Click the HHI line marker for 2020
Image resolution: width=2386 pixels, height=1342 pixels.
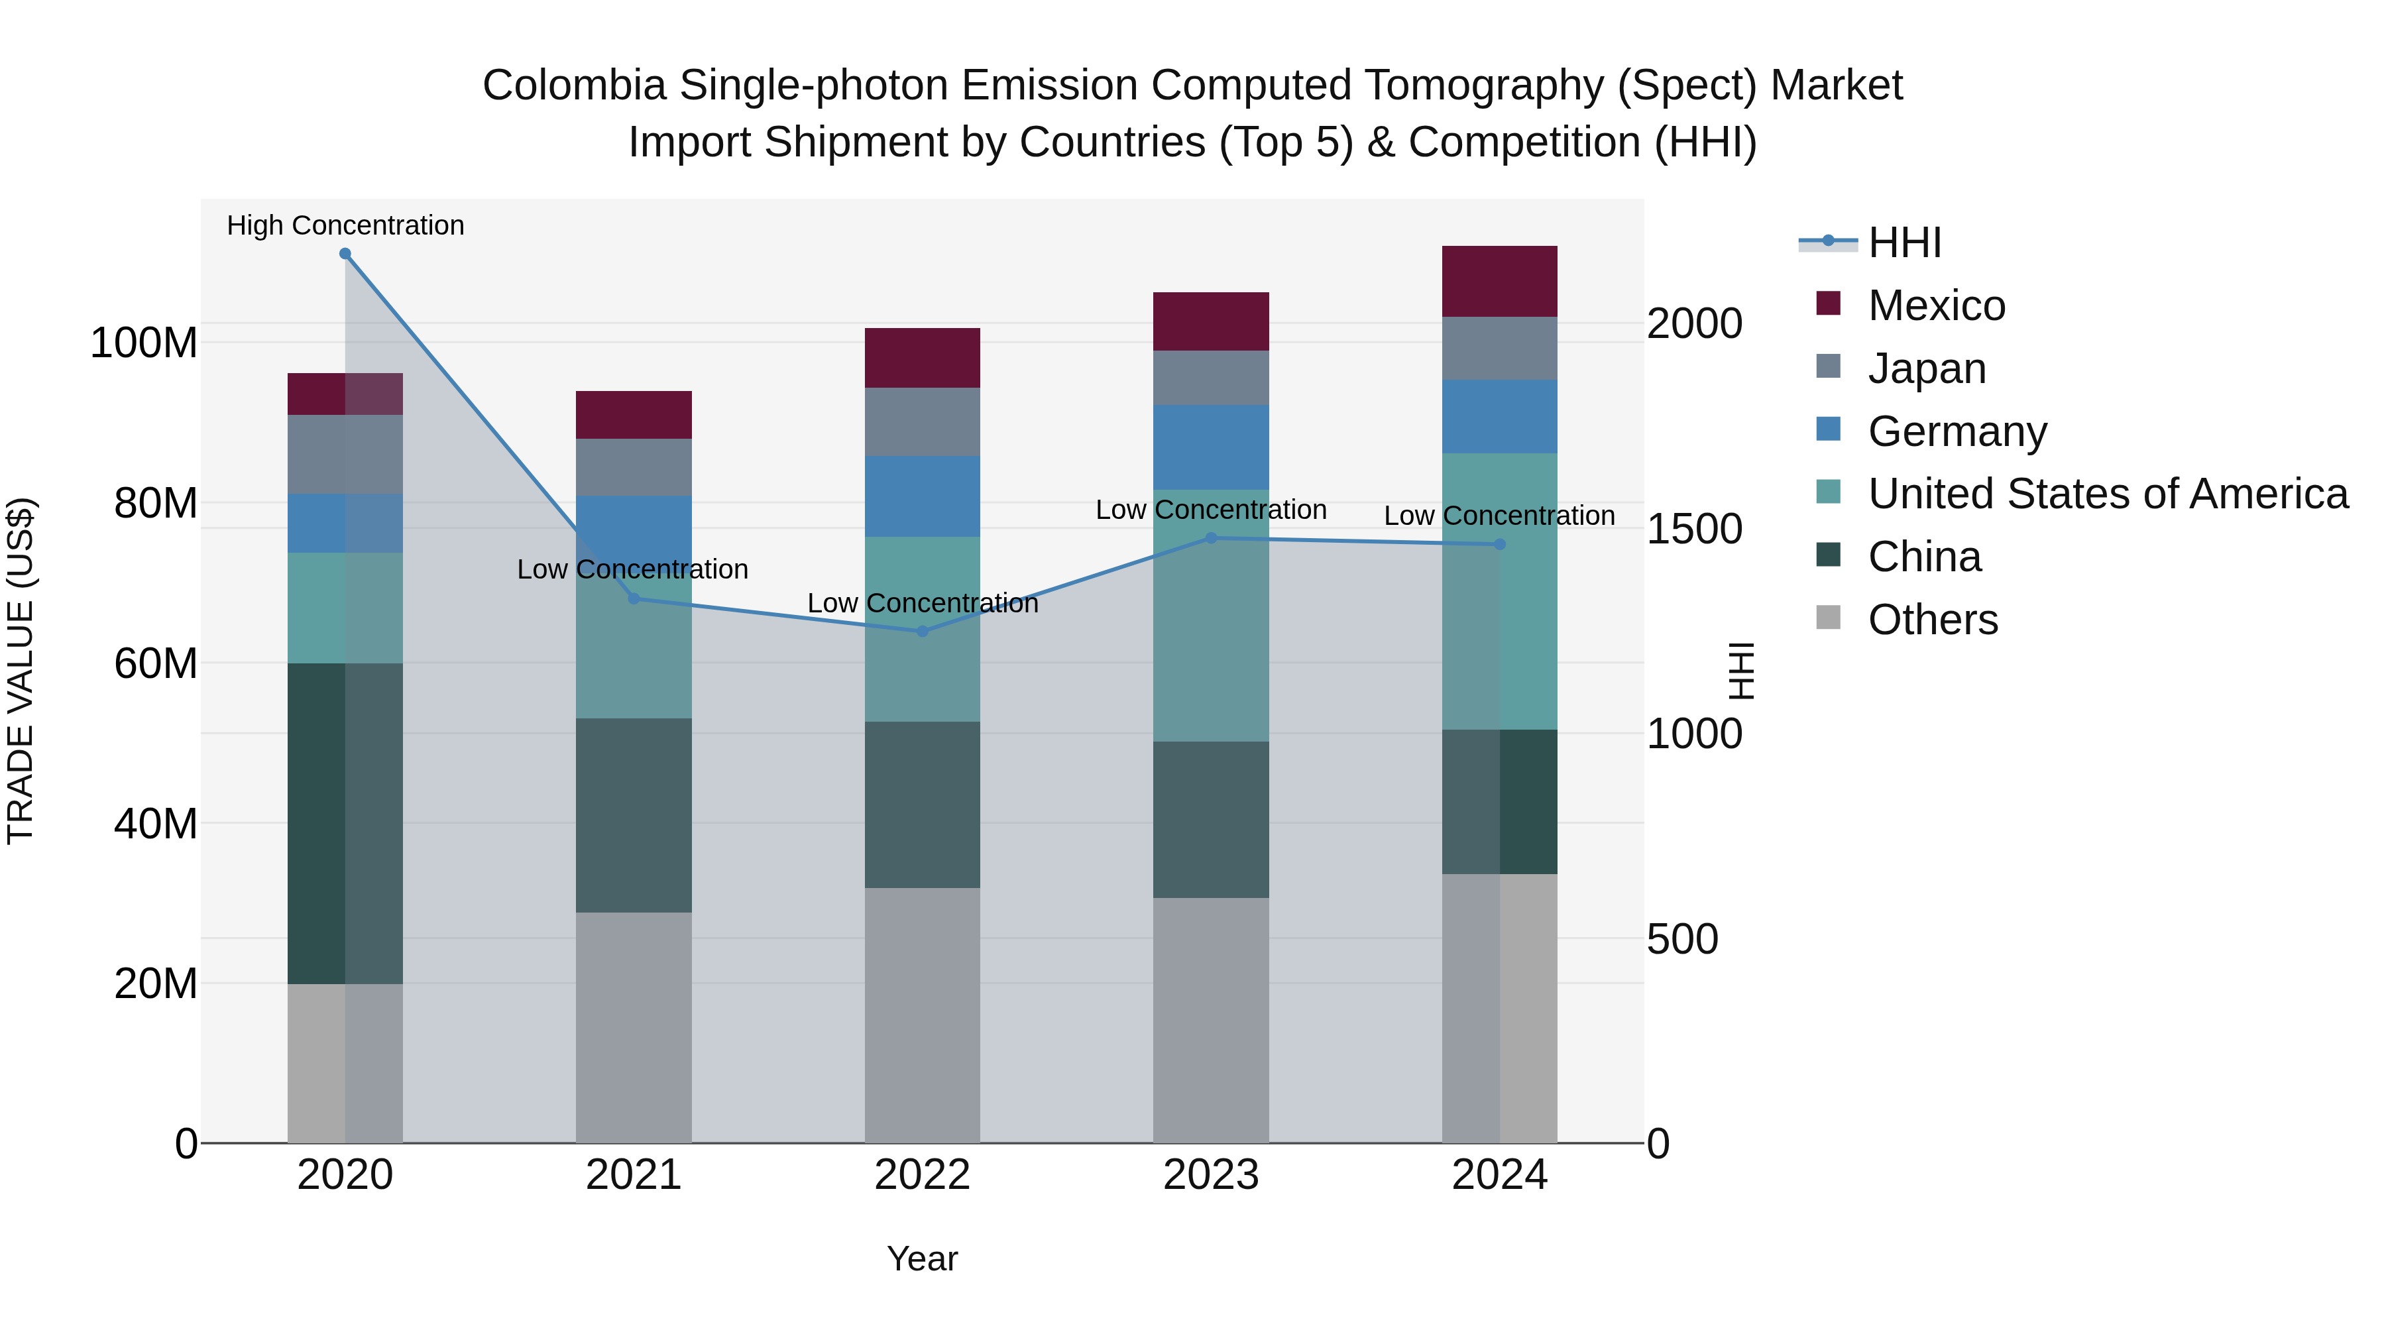pyautogui.click(x=345, y=254)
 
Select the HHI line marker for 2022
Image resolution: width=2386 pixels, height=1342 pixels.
pyautogui.click(x=922, y=632)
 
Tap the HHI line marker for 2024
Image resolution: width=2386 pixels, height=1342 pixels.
pyautogui.click(x=1500, y=545)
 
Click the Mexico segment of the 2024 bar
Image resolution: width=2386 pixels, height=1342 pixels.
pyautogui.click(x=1500, y=282)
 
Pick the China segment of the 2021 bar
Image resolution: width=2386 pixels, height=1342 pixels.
pyautogui.click(x=634, y=815)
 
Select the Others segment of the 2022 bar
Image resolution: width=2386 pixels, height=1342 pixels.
pyautogui.click(x=922, y=1015)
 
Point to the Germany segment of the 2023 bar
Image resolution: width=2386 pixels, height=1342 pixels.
pyautogui.click(x=1211, y=447)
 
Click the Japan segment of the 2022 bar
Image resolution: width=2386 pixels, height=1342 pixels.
pyautogui.click(x=922, y=421)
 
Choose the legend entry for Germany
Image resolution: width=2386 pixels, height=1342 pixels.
pyautogui.click(x=1957, y=431)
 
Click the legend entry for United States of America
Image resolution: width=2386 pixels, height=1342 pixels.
pyautogui.click(x=2107, y=494)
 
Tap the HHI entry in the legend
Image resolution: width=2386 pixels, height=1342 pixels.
pyautogui.click(x=1904, y=243)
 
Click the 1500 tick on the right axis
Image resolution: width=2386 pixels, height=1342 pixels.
pyautogui.click(x=1695, y=529)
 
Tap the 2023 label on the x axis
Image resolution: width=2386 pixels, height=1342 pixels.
pyautogui.click(x=1211, y=1175)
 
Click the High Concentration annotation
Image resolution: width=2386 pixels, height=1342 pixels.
pyautogui.click(x=345, y=226)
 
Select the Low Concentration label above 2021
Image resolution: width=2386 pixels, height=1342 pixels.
pyautogui.click(x=633, y=569)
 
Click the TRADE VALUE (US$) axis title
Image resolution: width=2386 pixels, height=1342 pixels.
pyautogui.click(x=21, y=671)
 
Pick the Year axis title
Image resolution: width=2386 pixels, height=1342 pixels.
pyautogui.click(x=922, y=1258)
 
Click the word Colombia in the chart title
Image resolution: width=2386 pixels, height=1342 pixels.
pyautogui.click(x=573, y=86)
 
